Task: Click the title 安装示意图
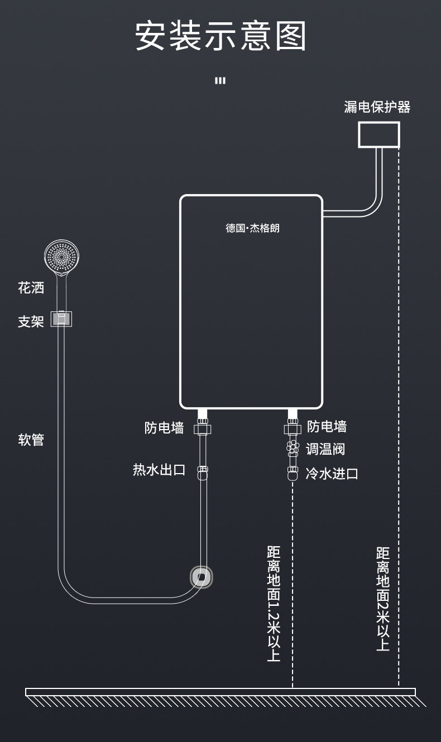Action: pyautogui.click(x=220, y=37)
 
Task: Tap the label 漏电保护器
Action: pyautogui.click(x=377, y=107)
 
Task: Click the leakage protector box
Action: pyautogui.click(x=379, y=134)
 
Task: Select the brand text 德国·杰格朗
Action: pyautogui.click(x=252, y=228)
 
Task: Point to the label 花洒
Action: pyautogui.click(x=31, y=288)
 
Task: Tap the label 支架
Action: pyautogui.click(x=31, y=322)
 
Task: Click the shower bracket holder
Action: pyautogui.click(x=61, y=319)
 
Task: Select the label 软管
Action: pyautogui.click(x=31, y=440)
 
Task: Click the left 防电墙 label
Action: pyautogui.click(x=164, y=428)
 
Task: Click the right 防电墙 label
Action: pyautogui.click(x=327, y=427)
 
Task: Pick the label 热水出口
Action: pyautogui.click(x=159, y=470)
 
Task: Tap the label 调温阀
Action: pyautogui.click(x=325, y=449)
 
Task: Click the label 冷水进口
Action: pyautogui.click(x=332, y=474)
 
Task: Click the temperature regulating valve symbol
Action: pyautogui.click(x=293, y=447)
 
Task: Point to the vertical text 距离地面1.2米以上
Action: pyautogui.click(x=274, y=603)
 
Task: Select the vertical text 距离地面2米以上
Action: pyautogui.click(x=382, y=599)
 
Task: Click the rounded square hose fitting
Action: pyautogui.click(x=202, y=577)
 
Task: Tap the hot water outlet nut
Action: pyautogui.click(x=202, y=470)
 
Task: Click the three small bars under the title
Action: pyautogui.click(x=220, y=80)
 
